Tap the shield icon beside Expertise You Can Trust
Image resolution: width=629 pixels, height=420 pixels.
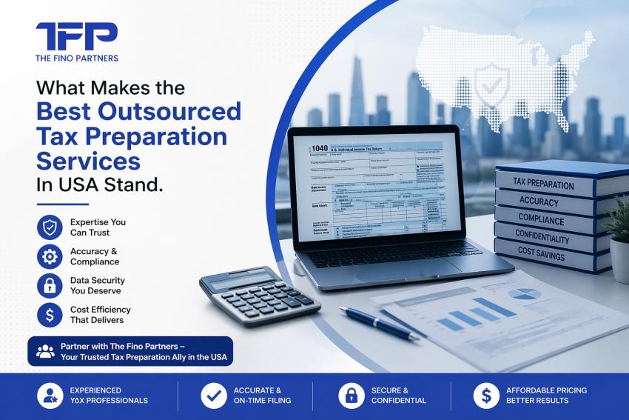point(50,227)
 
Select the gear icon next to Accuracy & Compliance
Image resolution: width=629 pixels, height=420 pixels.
point(50,256)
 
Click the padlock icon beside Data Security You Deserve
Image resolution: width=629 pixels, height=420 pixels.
point(50,286)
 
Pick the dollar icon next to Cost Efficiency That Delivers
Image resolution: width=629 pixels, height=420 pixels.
point(50,315)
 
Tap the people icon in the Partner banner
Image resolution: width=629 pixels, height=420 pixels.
point(45,351)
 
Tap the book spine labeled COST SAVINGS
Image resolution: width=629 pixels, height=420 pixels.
point(541,256)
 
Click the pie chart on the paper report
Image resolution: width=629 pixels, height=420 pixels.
point(524,294)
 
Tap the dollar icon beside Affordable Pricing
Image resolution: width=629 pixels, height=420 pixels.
point(485,395)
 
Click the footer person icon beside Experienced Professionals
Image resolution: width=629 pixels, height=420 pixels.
point(50,395)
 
